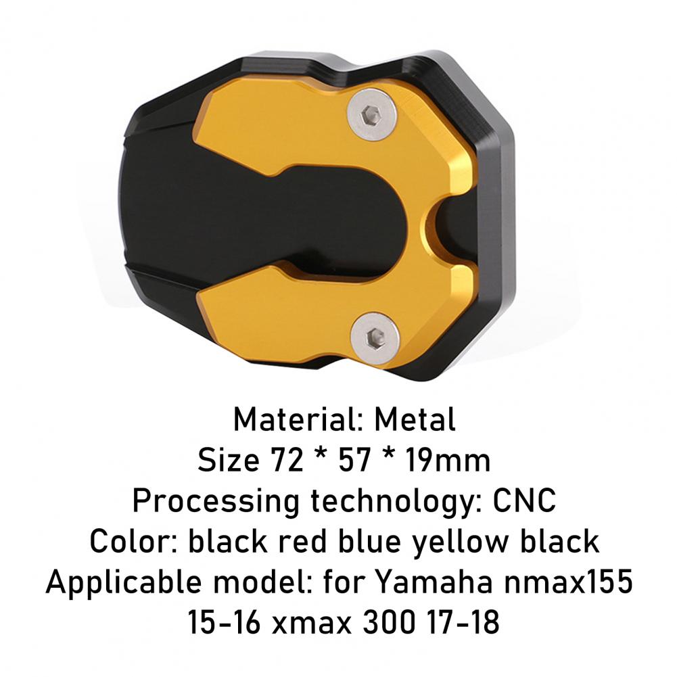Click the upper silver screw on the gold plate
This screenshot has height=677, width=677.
click(372, 114)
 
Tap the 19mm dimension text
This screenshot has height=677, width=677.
click(447, 461)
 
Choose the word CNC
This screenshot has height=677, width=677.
click(524, 501)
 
